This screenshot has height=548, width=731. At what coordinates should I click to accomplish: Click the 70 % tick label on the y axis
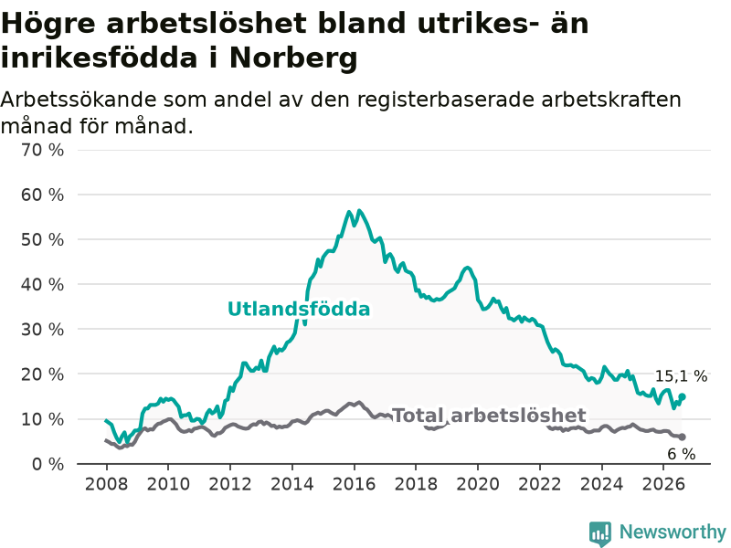coord(42,150)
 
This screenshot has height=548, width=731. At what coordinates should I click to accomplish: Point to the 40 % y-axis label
coord(42,284)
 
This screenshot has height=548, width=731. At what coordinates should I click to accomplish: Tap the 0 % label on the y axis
coord(48,464)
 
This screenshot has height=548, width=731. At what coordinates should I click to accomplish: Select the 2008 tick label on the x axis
coord(106,484)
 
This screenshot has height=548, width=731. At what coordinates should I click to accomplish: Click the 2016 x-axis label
coord(354,484)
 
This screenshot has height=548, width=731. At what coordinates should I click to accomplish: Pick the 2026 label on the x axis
coord(663,484)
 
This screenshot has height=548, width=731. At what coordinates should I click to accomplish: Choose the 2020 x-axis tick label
coord(478,484)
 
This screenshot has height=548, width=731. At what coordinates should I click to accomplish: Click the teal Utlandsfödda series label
coord(299,309)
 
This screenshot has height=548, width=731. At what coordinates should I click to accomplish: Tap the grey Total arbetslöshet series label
coord(489,416)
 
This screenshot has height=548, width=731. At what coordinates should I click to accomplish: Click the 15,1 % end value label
coord(681,376)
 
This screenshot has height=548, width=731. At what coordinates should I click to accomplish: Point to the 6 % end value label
coord(682,454)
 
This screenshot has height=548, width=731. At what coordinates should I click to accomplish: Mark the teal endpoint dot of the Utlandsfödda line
coord(682,396)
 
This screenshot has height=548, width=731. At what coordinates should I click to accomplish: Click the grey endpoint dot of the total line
coord(682,437)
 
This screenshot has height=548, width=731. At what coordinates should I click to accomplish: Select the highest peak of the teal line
coord(358,211)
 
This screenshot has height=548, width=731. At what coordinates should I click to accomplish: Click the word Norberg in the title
coord(293,58)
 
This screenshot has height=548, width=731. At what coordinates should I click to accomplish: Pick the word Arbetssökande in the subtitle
coord(79,100)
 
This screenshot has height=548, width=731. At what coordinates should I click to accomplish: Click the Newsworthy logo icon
coord(600,532)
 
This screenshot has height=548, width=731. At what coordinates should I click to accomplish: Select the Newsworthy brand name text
coord(673,532)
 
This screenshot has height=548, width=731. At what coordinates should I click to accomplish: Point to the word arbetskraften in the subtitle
coord(611,100)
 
